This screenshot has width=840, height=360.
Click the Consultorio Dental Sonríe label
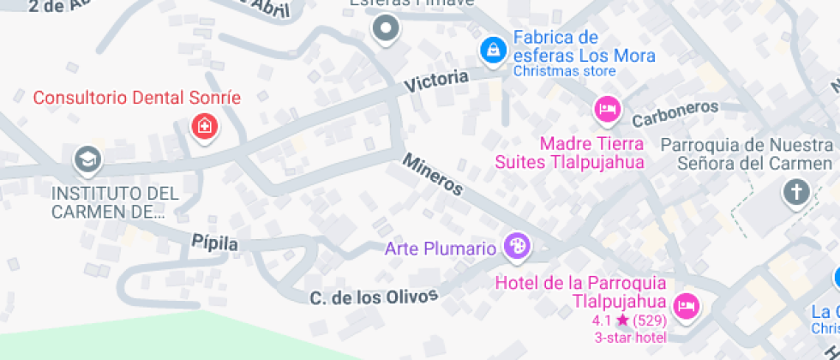136,97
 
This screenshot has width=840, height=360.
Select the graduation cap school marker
87,159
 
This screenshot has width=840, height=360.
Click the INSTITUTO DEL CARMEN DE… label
115,202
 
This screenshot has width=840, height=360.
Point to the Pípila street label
214,244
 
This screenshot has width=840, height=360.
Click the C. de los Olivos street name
374,297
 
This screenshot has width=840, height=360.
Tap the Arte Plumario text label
441,249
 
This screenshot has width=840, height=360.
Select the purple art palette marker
517,247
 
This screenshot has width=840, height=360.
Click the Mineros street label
433,174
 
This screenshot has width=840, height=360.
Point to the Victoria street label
437,82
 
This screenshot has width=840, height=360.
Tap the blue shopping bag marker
492,49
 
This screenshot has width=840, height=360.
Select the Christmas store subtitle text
564,72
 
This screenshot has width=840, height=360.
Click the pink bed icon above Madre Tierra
607,108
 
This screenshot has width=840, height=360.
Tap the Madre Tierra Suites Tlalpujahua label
569,152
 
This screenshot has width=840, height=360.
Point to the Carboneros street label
675,112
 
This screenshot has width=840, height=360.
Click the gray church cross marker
796,192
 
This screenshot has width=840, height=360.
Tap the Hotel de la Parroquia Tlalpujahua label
581,291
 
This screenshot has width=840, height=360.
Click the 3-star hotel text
631,337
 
